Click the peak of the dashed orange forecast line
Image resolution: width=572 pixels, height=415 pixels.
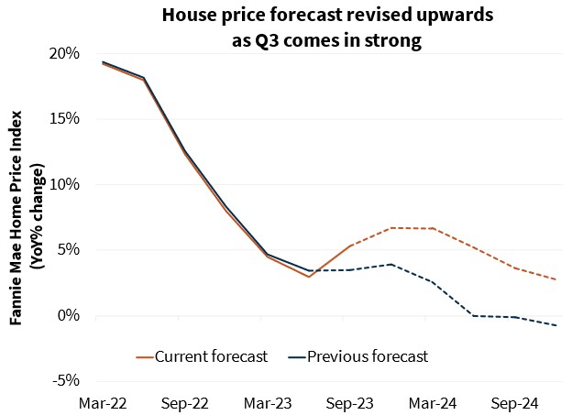(x=391, y=227)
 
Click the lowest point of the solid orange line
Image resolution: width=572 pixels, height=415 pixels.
(x=310, y=277)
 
